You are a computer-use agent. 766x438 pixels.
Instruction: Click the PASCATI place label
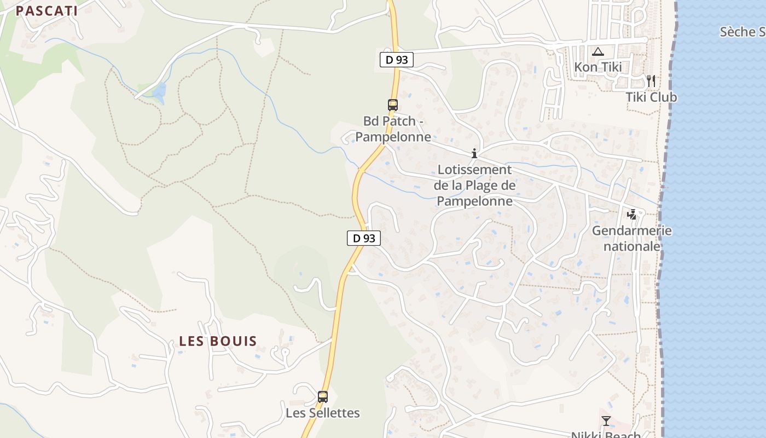(x=47, y=11)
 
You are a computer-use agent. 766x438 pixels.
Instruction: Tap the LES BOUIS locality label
(x=218, y=341)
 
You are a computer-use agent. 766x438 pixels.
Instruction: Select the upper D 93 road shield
(x=397, y=60)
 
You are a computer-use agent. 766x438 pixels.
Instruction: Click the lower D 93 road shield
(x=364, y=238)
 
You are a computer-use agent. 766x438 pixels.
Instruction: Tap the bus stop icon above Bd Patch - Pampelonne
(x=392, y=105)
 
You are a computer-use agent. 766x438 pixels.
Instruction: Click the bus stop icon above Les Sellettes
(x=323, y=396)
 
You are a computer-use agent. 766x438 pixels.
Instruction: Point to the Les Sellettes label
(x=323, y=413)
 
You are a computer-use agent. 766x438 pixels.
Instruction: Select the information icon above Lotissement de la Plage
(x=474, y=154)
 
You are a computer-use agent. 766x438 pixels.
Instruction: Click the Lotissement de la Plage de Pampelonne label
(x=475, y=186)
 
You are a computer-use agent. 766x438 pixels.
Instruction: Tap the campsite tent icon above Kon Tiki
(x=597, y=52)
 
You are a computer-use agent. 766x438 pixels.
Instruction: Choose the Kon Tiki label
(x=598, y=67)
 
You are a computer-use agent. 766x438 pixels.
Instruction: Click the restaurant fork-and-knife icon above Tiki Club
(x=651, y=81)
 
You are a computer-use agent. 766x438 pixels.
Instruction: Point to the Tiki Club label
(x=651, y=97)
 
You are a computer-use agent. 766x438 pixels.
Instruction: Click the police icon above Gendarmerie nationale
(x=632, y=214)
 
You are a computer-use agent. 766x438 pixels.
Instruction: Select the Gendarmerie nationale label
(x=632, y=238)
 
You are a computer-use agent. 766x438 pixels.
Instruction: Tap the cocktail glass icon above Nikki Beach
(x=606, y=420)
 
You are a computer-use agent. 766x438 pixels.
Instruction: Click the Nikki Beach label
(x=606, y=434)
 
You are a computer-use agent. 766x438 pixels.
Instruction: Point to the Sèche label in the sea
(x=742, y=32)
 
